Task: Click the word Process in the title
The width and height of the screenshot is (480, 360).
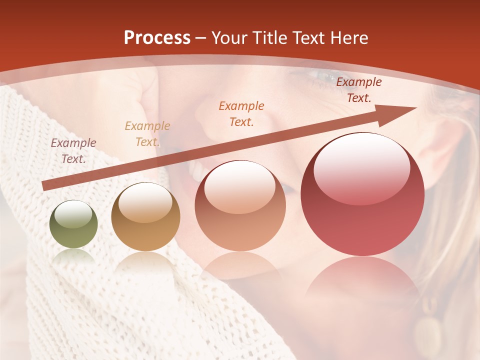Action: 157,37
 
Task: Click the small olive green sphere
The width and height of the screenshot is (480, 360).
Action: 73,224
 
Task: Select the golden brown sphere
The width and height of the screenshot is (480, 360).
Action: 145,217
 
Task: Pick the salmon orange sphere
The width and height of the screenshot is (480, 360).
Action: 240,205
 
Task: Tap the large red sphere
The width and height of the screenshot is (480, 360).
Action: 362,194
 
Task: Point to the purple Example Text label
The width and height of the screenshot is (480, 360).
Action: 73,151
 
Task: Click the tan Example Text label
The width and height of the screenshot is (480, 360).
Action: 147,134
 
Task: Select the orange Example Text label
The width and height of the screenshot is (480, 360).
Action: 241,113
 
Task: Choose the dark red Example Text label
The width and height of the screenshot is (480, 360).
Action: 358,90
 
